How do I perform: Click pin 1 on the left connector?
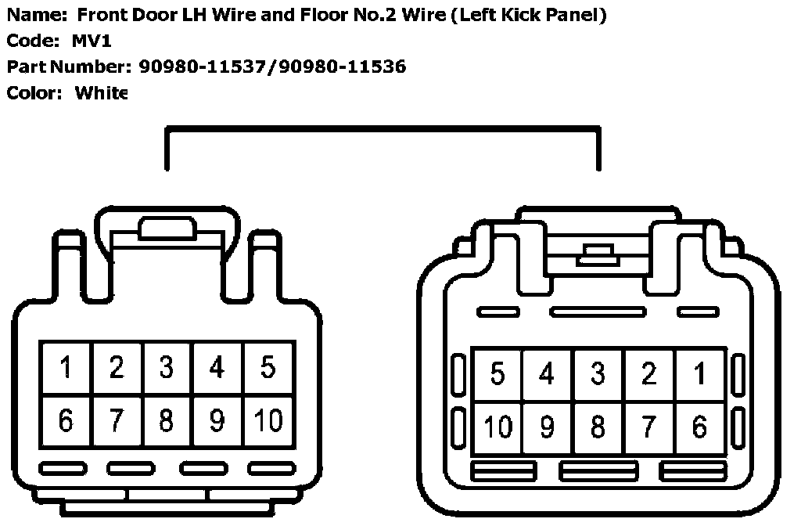(x=66, y=367)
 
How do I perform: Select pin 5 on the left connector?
(x=268, y=367)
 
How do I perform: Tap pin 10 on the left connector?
(x=268, y=420)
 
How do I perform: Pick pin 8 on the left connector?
(x=167, y=420)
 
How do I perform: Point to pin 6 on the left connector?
(x=66, y=420)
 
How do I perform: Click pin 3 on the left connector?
(x=167, y=367)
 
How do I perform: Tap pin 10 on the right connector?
(x=497, y=427)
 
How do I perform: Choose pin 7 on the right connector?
(x=648, y=427)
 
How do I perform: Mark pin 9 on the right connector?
(x=547, y=427)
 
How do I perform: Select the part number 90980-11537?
(x=205, y=67)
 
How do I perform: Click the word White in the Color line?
(x=101, y=93)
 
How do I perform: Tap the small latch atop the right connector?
(x=596, y=253)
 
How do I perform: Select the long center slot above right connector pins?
(x=592, y=312)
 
